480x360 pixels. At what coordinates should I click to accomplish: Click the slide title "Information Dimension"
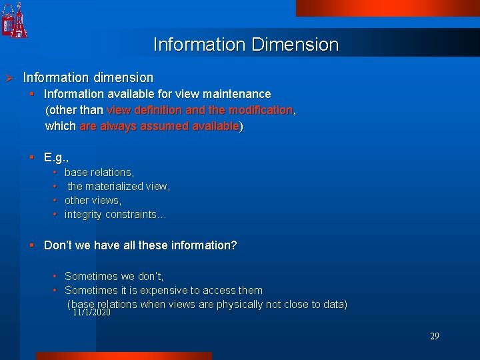(x=246, y=45)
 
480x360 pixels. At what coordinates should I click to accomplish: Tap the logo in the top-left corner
(x=15, y=20)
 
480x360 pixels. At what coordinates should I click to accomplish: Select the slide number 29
(x=434, y=337)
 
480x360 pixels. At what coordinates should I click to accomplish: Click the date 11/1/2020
(x=91, y=312)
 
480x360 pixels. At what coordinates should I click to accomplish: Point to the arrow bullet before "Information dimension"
(x=9, y=78)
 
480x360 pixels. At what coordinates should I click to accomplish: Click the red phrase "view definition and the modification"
(x=199, y=110)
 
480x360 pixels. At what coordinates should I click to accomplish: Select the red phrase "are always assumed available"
(x=159, y=126)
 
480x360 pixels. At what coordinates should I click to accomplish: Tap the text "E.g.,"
(x=57, y=157)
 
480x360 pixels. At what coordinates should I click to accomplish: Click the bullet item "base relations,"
(x=99, y=172)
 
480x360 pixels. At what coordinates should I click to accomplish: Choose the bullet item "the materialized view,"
(x=119, y=186)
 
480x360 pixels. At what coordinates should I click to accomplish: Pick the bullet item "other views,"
(x=93, y=200)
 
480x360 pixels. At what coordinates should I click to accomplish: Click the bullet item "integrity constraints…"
(x=115, y=214)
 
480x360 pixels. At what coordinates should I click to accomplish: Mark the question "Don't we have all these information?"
(x=140, y=245)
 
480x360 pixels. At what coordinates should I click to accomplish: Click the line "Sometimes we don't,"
(x=113, y=276)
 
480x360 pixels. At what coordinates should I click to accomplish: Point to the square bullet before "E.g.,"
(x=31, y=157)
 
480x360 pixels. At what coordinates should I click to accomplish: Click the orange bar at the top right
(x=387, y=7)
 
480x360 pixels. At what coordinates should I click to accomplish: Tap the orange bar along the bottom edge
(x=123, y=356)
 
